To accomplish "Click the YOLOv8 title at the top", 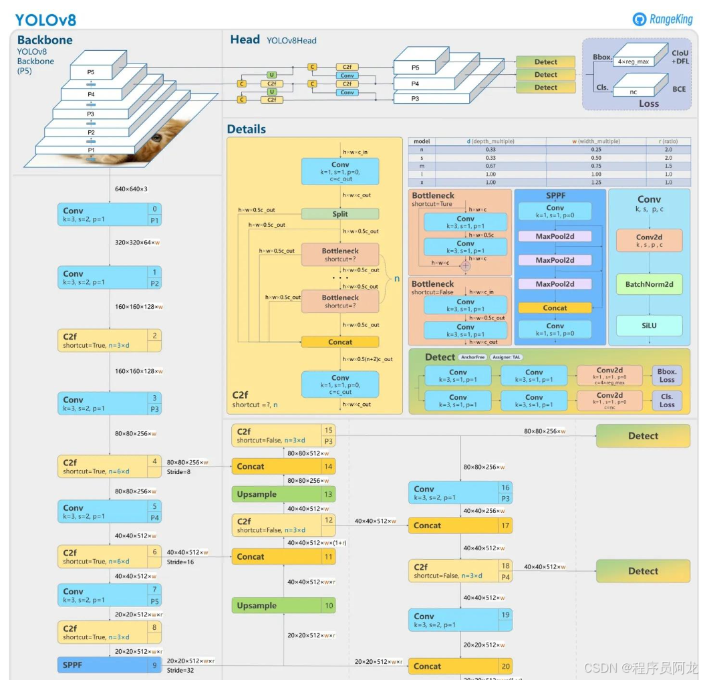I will [45, 19].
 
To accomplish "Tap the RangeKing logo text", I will [670, 19].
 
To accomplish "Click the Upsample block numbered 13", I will [283, 495].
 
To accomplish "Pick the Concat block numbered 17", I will [460, 526].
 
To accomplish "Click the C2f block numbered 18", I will [460, 571].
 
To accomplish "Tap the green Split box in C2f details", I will [339, 214].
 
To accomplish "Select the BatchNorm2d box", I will [649, 284].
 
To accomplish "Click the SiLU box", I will [649, 326].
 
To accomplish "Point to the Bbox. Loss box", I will [667, 376].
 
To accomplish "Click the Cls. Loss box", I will [667, 400].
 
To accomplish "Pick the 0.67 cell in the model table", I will [490, 166].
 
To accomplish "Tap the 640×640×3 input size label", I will [131, 189].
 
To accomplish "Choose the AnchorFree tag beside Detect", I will [472, 357].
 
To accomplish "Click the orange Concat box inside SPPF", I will [555, 308].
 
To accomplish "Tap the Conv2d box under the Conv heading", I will [649, 241].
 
